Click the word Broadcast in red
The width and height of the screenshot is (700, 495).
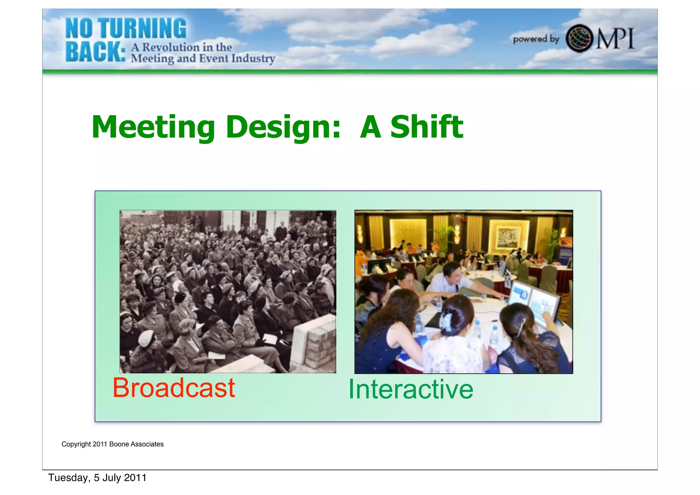(174, 388)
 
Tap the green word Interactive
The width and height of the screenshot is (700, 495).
(410, 390)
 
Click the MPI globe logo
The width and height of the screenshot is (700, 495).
(579, 38)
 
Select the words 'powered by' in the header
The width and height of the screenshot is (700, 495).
(536, 39)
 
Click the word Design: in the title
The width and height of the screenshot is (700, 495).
(283, 128)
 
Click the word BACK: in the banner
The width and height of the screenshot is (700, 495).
(95, 52)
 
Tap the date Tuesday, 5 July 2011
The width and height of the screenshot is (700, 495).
(97, 478)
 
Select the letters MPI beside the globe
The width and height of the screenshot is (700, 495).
(615, 38)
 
